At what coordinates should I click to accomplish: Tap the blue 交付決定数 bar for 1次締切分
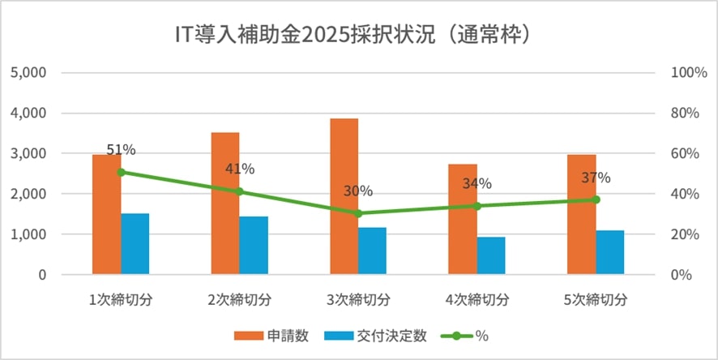pyautogui.click(x=135, y=243)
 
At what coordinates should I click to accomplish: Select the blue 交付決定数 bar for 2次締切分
pyautogui.click(x=254, y=245)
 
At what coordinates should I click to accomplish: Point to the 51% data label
pyautogui.click(x=121, y=150)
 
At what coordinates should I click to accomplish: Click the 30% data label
pyautogui.click(x=357, y=191)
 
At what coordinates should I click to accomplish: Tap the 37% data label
pyautogui.click(x=596, y=178)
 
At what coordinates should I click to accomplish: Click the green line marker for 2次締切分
pyautogui.click(x=239, y=192)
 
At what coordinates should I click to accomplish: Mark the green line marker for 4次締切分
pyautogui.click(x=477, y=206)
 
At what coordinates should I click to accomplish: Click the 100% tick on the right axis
pyautogui.click(x=690, y=72)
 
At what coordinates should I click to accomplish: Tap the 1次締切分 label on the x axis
pyautogui.click(x=121, y=299)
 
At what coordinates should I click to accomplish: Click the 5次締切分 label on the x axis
pyautogui.click(x=596, y=299)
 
